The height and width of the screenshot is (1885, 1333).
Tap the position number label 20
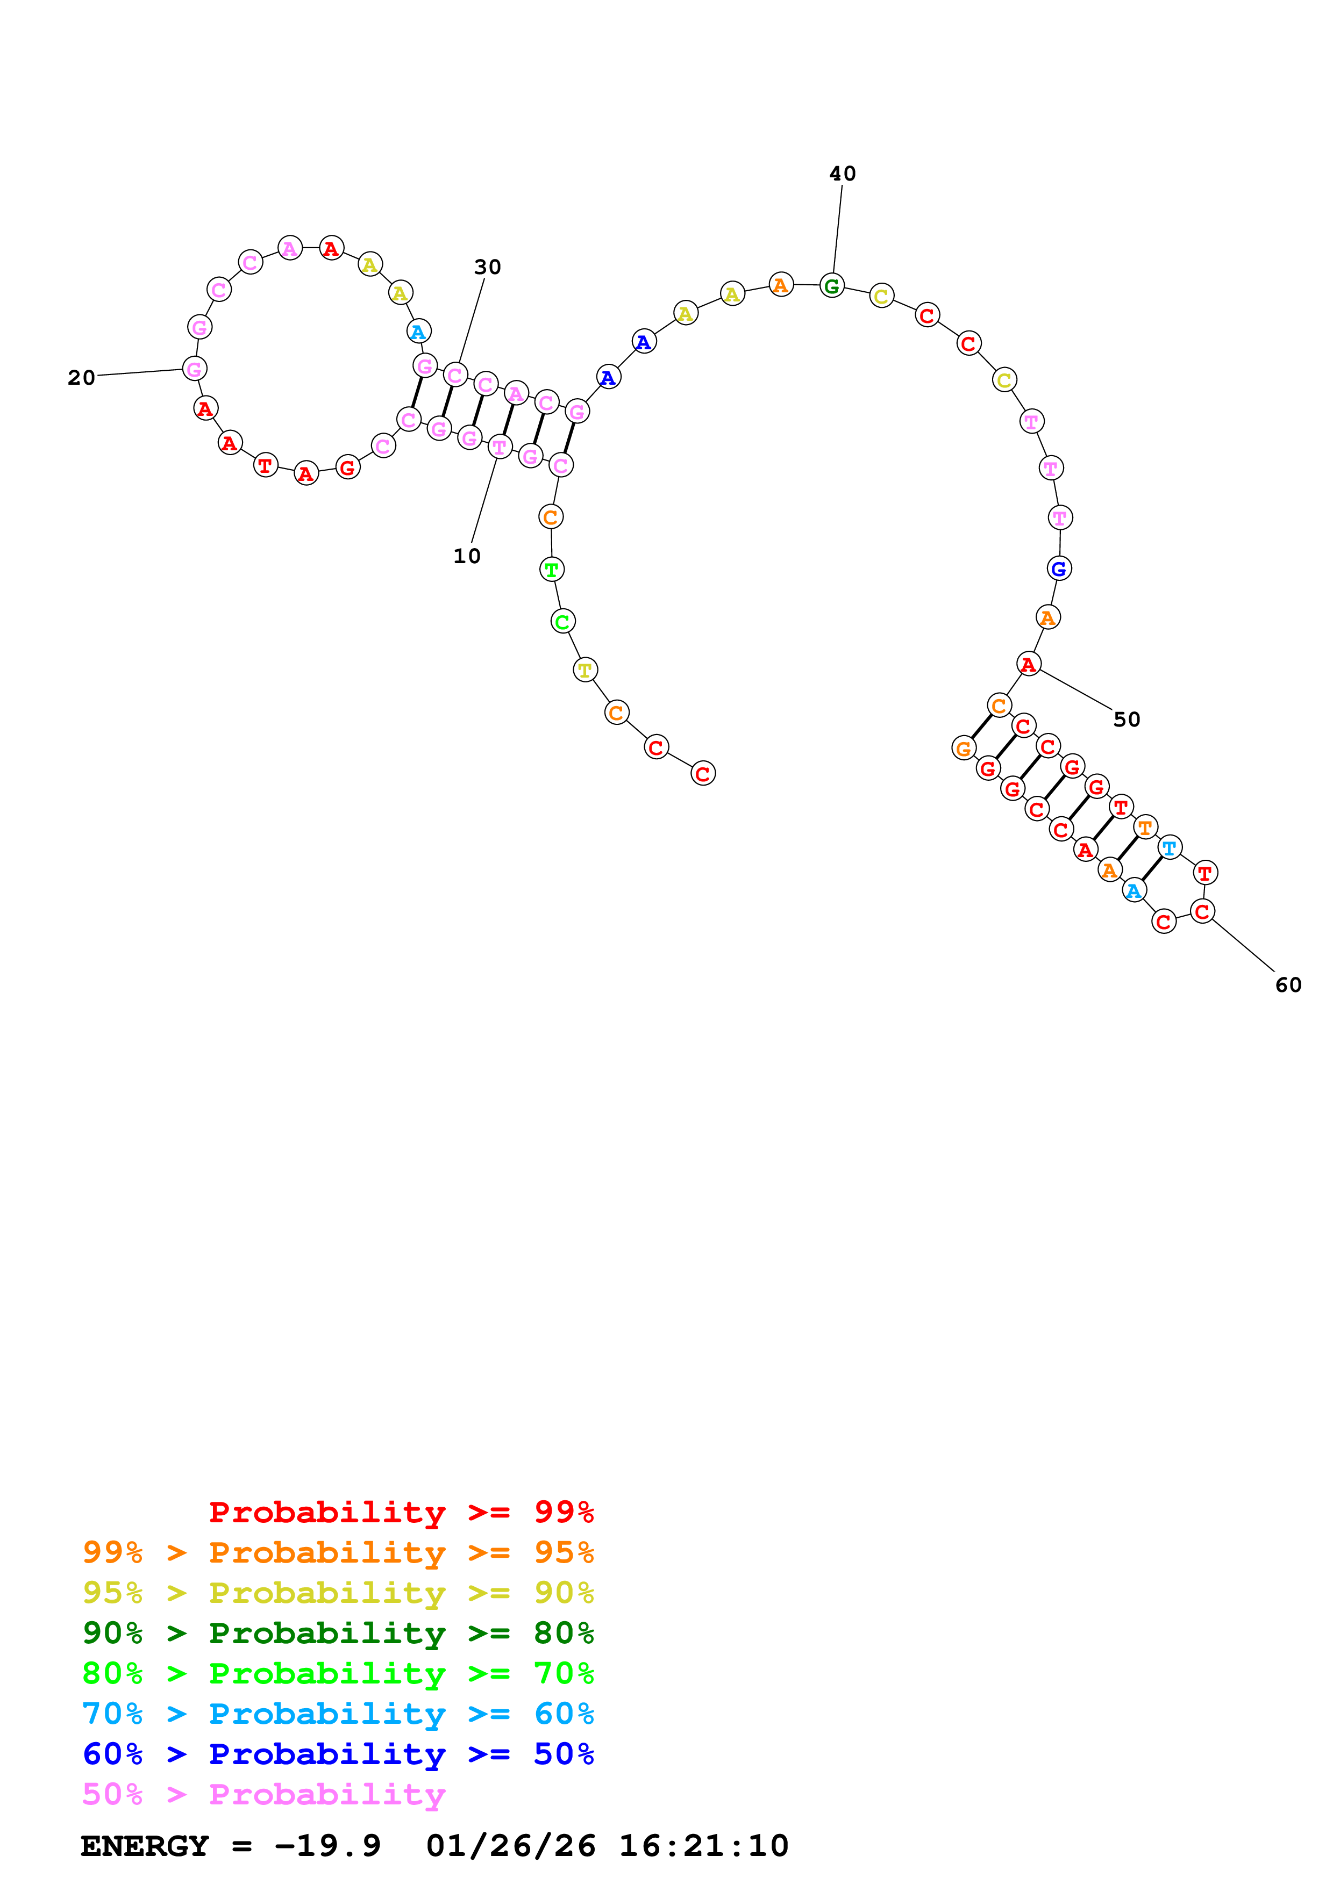click(x=81, y=378)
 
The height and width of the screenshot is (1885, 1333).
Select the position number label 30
click(x=487, y=267)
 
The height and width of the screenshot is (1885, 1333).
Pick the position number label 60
click(x=1288, y=985)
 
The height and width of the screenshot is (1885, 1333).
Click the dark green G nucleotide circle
click(x=831, y=286)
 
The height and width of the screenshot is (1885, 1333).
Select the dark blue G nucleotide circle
click(x=1059, y=568)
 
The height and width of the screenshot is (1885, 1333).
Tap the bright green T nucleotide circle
click(x=551, y=569)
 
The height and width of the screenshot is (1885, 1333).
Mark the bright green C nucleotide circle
click(x=562, y=622)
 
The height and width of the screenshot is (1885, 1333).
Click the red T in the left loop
click(x=265, y=465)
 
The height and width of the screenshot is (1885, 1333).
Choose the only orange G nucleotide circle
click(x=964, y=749)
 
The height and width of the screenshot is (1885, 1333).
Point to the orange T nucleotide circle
click(x=1145, y=827)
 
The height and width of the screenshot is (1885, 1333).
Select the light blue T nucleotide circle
click(x=1169, y=847)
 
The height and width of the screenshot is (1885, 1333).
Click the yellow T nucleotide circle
click(x=585, y=670)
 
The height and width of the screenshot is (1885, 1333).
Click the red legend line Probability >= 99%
click(x=401, y=1512)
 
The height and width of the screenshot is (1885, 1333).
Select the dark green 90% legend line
click(x=338, y=1633)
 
